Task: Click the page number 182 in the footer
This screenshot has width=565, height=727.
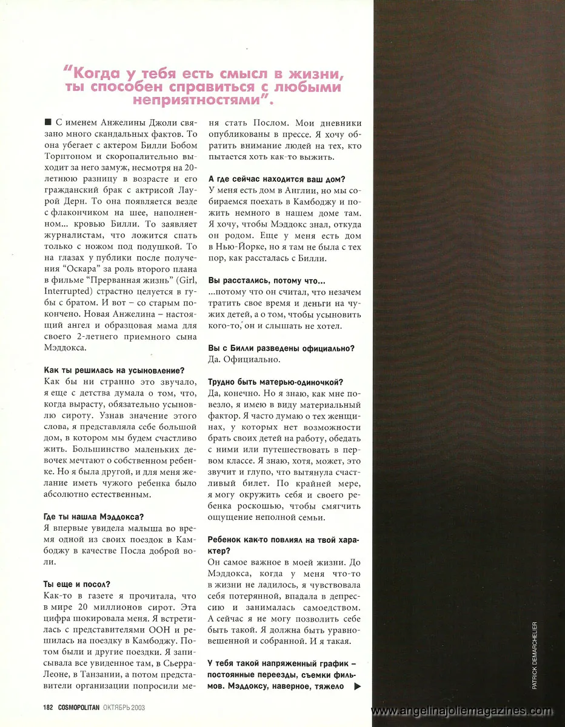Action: click(49, 707)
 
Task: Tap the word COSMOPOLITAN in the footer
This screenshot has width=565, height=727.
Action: click(82, 707)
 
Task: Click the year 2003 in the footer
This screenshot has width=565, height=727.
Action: click(136, 707)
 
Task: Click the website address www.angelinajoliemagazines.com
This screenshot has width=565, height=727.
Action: click(467, 710)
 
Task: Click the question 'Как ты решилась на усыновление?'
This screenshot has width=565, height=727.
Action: click(115, 370)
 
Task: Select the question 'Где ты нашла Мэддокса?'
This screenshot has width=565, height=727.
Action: click(94, 516)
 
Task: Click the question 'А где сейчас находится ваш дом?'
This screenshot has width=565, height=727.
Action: click(276, 179)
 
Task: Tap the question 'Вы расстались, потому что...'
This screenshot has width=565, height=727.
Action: click(266, 281)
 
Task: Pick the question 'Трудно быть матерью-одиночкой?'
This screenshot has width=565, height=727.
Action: click(275, 382)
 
